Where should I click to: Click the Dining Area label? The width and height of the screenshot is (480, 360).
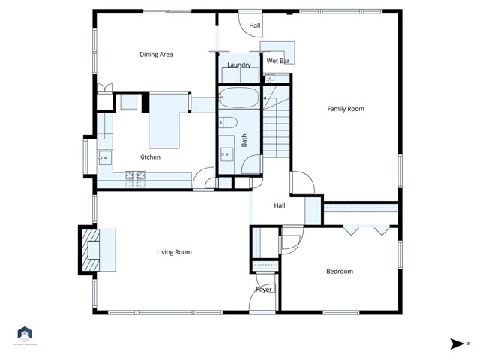click(157, 55)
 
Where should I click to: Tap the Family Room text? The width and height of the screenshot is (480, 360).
click(345, 109)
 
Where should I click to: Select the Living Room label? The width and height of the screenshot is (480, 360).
click(174, 252)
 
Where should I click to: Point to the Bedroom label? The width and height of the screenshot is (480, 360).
click(339, 271)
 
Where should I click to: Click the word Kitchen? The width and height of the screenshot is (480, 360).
click(149, 157)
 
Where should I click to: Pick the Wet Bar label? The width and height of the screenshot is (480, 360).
click(279, 60)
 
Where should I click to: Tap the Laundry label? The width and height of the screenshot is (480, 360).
click(239, 65)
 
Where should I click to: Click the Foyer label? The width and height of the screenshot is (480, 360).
click(264, 289)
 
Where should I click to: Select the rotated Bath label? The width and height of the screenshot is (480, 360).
click(244, 140)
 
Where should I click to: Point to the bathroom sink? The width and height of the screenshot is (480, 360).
click(226, 154)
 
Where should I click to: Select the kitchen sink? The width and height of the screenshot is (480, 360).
click(104, 157)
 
